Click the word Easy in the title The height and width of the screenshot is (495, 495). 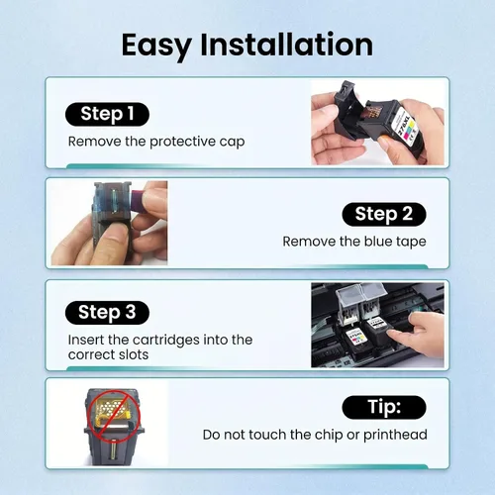pyautogui.click(x=156, y=46)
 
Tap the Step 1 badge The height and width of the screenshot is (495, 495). pyautogui.click(x=107, y=114)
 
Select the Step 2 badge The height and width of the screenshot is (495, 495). pyautogui.click(x=384, y=214)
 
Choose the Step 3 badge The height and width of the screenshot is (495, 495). pyautogui.click(x=107, y=313)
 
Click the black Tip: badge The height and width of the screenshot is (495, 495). pyautogui.click(x=384, y=407)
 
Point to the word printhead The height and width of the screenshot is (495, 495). pyautogui.click(x=395, y=435)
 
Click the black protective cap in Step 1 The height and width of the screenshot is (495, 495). pyautogui.click(x=347, y=112)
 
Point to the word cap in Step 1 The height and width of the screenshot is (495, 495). pyautogui.click(x=232, y=143)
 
